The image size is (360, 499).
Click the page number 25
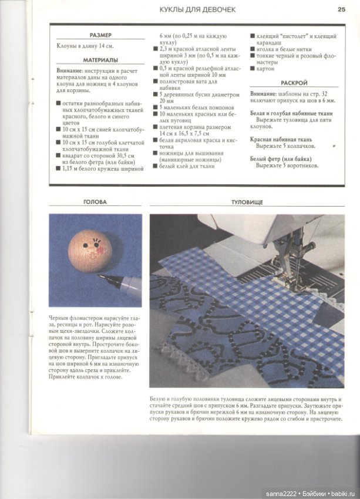[x=341, y=9]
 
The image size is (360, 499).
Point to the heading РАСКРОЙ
[x=294, y=83]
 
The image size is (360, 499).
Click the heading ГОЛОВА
[x=95, y=202]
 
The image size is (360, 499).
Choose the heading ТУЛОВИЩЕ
[x=247, y=202]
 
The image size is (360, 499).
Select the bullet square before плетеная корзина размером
[x=156, y=127]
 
